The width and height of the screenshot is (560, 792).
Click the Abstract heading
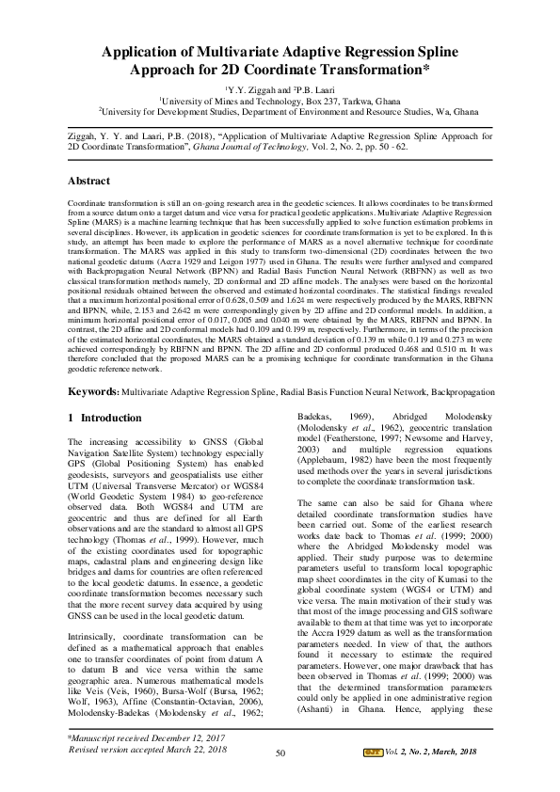point(90,181)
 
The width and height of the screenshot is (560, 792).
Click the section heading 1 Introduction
point(105,417)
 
